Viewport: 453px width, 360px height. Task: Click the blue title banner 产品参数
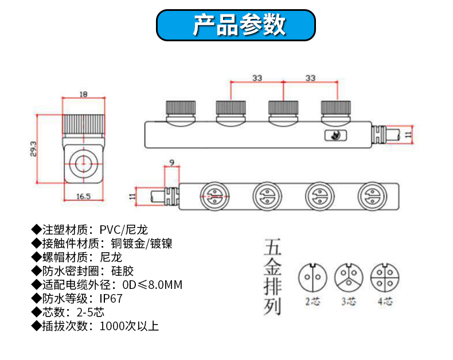tap(236, 25)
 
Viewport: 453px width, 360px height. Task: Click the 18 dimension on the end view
tap(84, 94)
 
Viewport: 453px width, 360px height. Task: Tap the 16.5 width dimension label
tap(84, 196)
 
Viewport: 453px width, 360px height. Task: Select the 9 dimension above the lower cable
tap(171, 163)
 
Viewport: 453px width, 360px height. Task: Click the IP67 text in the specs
tap(111, 299)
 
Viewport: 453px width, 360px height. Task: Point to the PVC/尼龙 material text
tap(123, 230)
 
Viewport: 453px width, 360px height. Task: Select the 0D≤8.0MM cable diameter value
tap(153, 285)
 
